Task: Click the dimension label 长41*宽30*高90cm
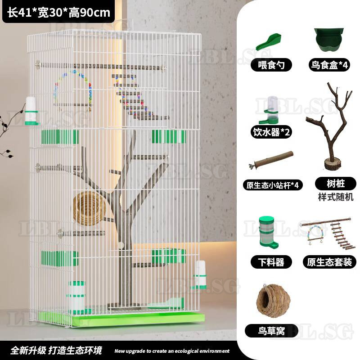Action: pos(58,13)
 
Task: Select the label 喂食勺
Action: pos(271,65)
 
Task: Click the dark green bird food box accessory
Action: pos(329,40)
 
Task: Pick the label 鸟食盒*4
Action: pos(329,65)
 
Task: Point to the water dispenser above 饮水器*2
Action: pos(269,110)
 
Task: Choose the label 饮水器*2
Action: pos(271,132)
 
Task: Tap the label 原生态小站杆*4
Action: pos(273,185)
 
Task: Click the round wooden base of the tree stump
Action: pos(333,163)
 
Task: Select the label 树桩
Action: pos(336,184)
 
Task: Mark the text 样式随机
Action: pos(336,197)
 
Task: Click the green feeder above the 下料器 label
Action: pos(268,232)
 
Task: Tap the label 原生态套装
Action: pos(329,262)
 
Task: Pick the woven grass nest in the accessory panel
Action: pos(273,301)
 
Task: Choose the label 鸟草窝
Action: pos(271,331)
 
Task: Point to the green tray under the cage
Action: pos(121,319)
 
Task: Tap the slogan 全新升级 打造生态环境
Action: pos(56,351)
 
